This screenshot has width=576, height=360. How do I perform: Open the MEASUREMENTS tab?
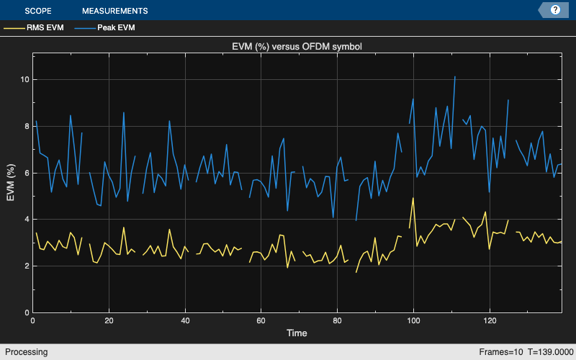point(115,11)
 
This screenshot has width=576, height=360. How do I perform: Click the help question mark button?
point(555,10)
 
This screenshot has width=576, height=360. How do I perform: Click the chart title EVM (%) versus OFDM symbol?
point(297,47)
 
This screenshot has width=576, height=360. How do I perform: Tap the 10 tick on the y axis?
point(25,79)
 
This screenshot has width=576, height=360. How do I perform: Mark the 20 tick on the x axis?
point(109,321)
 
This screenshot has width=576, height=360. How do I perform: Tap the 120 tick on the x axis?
point(490,321)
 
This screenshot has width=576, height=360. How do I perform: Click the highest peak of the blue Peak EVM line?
point(455,76)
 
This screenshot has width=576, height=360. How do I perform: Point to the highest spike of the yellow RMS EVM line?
point(413,198)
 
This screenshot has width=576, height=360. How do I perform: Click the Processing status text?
point(26,352)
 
